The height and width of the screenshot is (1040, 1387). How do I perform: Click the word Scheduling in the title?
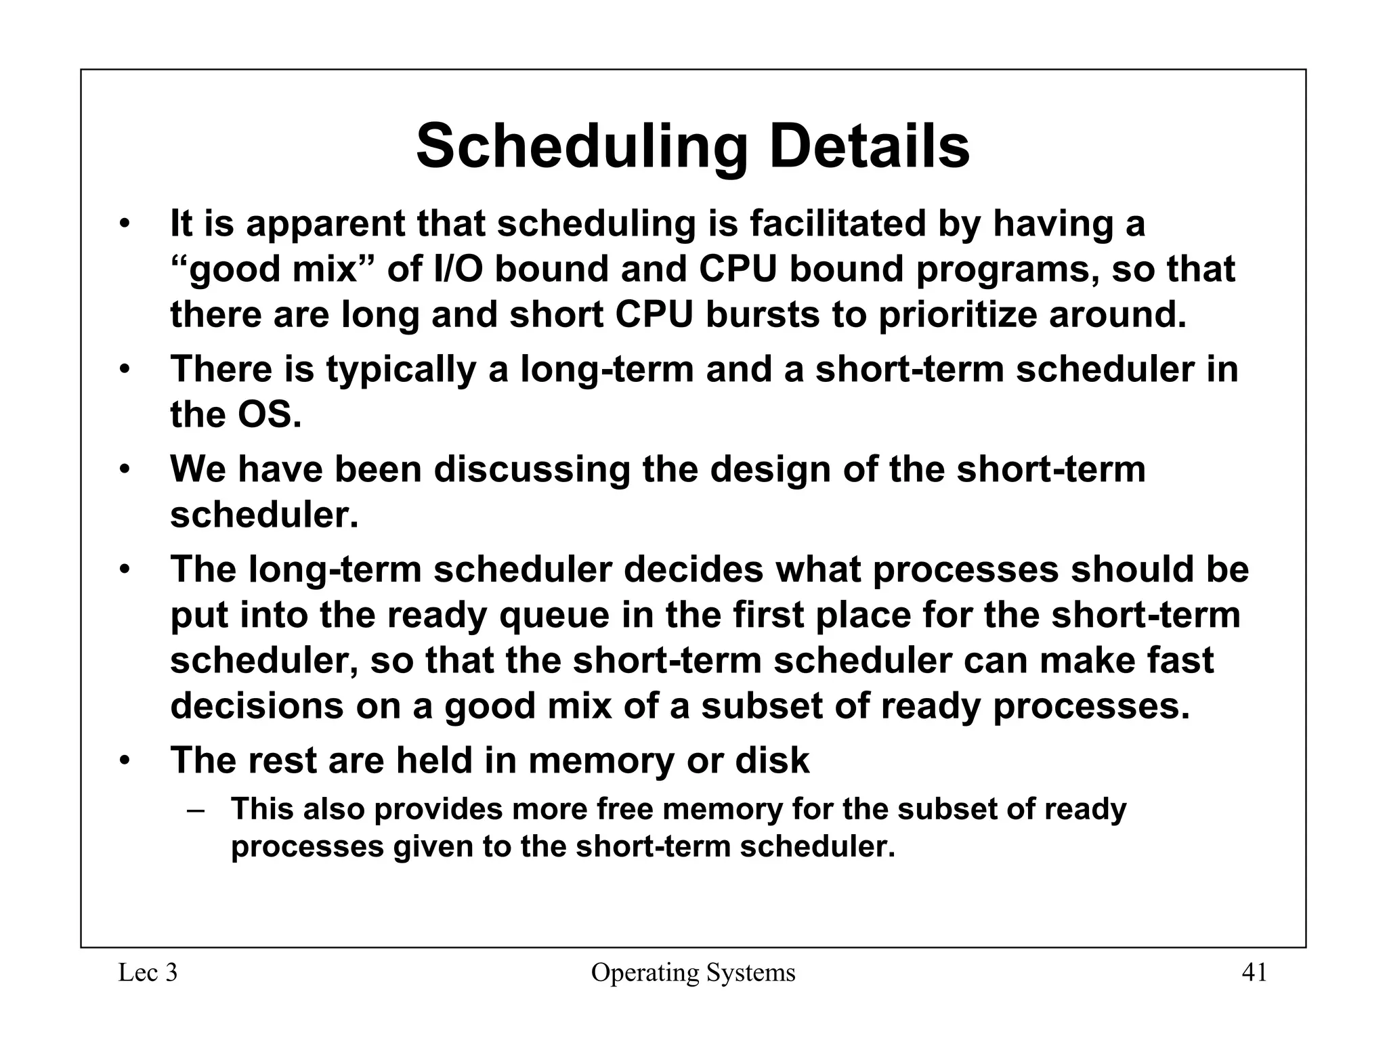582,147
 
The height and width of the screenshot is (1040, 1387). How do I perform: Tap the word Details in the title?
869,147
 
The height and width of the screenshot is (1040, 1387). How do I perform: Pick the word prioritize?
958,315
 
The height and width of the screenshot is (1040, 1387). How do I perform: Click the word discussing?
532,469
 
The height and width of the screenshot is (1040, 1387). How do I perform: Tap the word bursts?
763,315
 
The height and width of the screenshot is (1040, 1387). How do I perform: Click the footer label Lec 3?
148,973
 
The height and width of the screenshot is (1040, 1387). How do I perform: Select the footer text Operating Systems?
693,973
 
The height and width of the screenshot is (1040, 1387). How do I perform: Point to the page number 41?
1254,973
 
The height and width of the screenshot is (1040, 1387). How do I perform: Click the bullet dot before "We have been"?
124,469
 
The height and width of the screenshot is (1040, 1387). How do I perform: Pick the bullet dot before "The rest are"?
124,760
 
